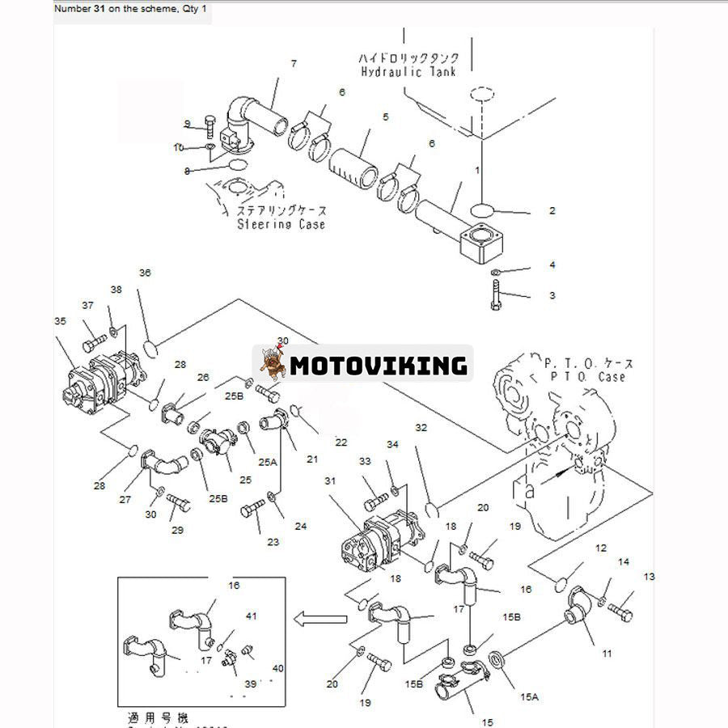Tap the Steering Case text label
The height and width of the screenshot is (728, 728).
(x=281, y=223)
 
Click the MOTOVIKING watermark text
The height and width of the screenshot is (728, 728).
(x=379, y=366)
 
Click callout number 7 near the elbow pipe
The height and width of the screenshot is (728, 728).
(x=294, y=63)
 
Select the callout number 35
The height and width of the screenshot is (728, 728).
(x=60, y=321)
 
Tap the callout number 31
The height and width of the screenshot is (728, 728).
(x=330, y=480)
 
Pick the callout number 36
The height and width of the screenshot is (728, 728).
(x=145, y=273)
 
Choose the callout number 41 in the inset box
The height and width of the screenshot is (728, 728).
(x=252, y=616)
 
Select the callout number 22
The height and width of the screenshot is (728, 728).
(x=341, y=442)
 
